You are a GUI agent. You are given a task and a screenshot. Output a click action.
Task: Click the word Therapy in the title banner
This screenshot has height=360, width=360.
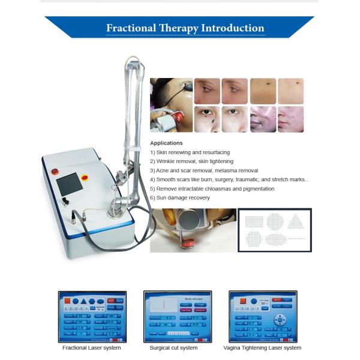[x=179, y=28]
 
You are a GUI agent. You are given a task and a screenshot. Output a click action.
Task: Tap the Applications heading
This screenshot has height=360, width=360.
[x=166, y=143]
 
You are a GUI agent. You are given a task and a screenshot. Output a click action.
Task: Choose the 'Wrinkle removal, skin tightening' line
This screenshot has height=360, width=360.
[x=191, y=161]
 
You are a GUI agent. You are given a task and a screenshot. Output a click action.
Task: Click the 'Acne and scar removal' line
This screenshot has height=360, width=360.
[x=196, y=170]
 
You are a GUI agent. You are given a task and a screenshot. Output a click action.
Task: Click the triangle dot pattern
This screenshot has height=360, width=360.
[x=295, y=221]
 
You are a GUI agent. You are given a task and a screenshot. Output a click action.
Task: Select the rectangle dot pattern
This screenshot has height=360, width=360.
[x=254, y=221]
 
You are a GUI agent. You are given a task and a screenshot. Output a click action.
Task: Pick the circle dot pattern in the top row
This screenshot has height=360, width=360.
[x=274, y=221]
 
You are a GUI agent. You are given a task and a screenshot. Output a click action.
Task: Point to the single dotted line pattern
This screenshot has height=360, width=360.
[x=296, y=239]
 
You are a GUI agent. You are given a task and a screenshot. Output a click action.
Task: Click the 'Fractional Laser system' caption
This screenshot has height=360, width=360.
[x=92, y=348]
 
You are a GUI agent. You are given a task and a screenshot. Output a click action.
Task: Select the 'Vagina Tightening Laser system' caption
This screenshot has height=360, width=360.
[x=262, y=348]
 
